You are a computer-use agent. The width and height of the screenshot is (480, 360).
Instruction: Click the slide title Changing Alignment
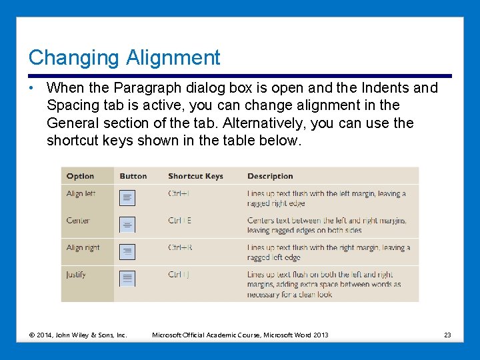click(124, 57)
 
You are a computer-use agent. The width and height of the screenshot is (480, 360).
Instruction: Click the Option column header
click(80, 176)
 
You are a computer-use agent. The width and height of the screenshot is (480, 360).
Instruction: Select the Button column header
click(133, 176)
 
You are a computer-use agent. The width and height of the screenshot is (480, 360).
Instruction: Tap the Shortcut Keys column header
click(195, 176)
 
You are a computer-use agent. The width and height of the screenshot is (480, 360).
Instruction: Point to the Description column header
click(270, 176)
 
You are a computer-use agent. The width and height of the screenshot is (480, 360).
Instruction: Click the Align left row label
click(81, 194)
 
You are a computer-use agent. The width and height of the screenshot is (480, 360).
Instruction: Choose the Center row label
click(77, 221)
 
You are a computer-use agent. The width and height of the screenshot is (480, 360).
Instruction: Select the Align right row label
click(83, 247)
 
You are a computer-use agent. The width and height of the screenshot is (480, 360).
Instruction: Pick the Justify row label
click(76, 274)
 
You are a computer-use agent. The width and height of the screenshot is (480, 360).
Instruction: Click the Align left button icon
click(127, 198)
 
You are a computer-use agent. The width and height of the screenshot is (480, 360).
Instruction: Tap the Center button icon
click(127, 225)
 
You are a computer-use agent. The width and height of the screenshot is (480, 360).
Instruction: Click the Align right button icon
click(127, 251)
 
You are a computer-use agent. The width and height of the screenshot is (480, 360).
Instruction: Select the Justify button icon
click(127, 278)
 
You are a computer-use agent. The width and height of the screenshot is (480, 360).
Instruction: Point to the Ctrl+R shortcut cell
click(180, 247)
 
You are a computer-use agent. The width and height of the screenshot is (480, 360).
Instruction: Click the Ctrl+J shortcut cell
click(179, 274)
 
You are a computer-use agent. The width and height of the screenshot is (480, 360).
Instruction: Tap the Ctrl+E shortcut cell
click(179, 221)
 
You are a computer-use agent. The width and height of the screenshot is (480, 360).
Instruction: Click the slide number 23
click(447, 335)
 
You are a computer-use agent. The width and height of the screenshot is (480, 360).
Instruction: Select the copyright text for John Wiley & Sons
click(78, 335)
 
